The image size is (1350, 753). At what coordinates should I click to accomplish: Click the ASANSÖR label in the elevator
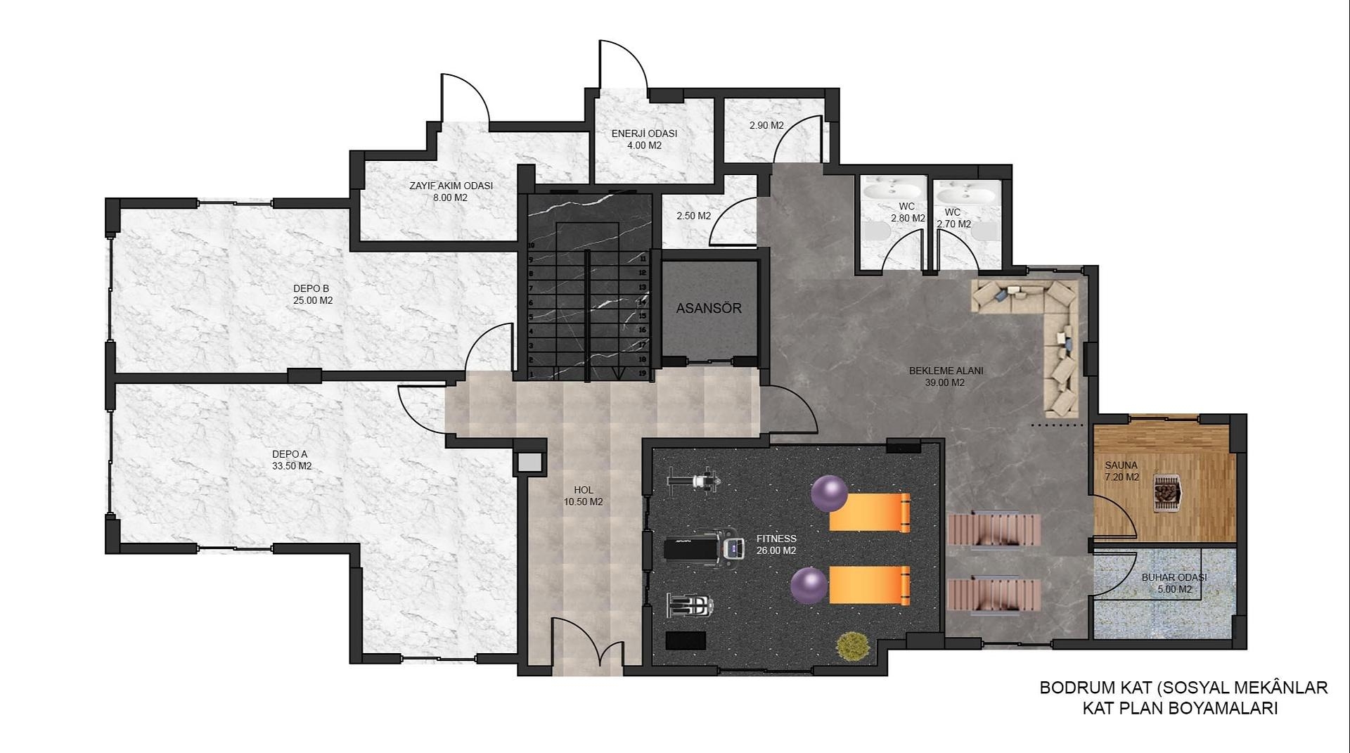tap(709, 308)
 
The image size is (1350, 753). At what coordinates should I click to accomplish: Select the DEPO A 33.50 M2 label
tap(292, 460)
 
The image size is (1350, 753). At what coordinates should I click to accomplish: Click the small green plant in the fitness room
tap(851, 645)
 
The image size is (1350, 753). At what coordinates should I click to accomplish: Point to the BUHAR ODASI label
tap(1174, 577)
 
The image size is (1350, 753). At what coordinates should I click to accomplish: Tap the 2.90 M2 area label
tap(766, 125)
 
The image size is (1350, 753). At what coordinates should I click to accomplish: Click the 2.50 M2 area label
tap(693, 216)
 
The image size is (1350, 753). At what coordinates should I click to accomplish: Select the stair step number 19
tap(642, 373)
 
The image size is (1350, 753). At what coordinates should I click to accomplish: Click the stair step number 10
tap(532, 245)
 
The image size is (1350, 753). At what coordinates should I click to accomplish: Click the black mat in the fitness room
tap(686, 641)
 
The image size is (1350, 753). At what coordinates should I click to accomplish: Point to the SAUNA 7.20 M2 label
tap(1121, 471)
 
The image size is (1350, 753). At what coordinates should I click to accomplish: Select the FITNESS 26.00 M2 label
tap(776, 545)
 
